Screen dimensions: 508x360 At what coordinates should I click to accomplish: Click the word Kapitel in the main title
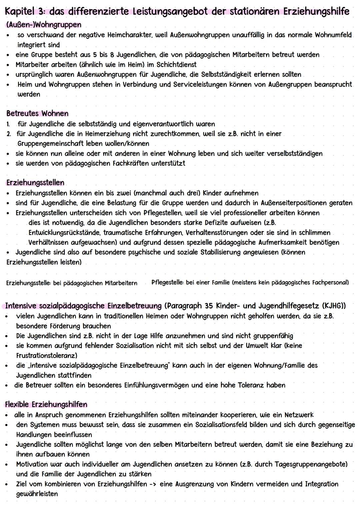tap(23, 12)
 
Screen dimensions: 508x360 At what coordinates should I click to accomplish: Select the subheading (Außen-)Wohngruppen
tap(43, 25)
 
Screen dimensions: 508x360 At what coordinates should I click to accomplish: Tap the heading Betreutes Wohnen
tap(37, 114)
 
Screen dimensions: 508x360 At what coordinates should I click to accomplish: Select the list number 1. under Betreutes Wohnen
tap(8, 124)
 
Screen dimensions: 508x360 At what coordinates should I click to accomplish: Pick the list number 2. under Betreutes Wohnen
tap(9, 134)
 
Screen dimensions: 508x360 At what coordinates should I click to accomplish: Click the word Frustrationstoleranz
tap(45, 355)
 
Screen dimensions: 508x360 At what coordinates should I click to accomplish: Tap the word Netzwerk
tap(299, 415)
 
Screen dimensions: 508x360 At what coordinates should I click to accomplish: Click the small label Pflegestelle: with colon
tap(168, 282)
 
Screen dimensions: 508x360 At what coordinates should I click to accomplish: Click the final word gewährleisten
tap(37, 494)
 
